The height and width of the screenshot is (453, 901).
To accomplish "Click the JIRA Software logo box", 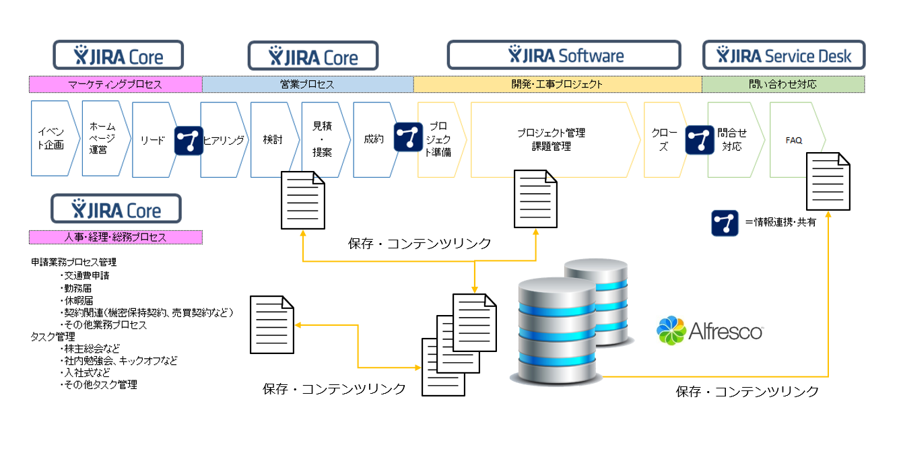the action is tap(564, 55).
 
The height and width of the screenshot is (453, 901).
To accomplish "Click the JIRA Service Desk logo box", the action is tap(784, 55).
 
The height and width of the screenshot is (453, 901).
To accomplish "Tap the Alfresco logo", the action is tap(710, 330).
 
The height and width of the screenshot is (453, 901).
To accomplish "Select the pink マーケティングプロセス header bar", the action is tap(115, 84).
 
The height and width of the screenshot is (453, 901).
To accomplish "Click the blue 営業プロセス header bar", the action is tap(308, 84).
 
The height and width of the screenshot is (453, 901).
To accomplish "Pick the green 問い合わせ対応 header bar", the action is tap(783, 84).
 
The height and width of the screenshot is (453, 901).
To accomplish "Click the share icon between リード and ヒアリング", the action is tap(189, 141).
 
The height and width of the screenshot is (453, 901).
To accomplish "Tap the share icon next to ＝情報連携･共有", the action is tap(725, 223).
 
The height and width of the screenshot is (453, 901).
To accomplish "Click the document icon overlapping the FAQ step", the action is tap(828, 181).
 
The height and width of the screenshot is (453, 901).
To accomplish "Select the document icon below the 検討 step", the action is tap(303, 200).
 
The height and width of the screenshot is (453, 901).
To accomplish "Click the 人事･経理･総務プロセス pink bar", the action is tap(115, 237).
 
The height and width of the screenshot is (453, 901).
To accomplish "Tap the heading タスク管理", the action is tap(53, 337).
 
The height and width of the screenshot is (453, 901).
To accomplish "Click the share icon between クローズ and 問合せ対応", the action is tap(700, 140).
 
